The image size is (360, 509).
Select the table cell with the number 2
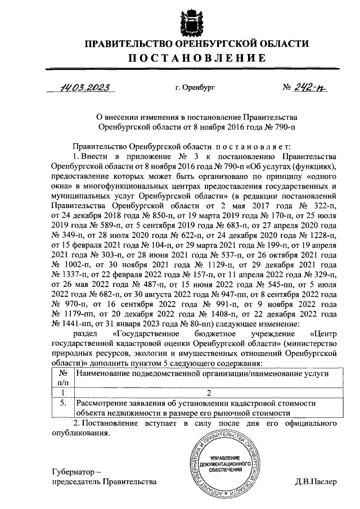coord(208,393)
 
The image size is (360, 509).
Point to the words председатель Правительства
coord(102,481)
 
